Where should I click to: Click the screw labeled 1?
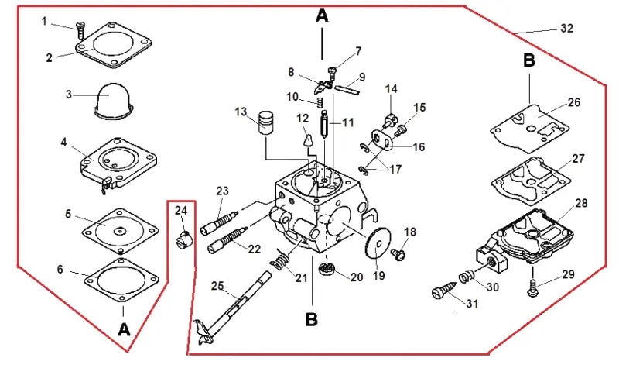(81, 30)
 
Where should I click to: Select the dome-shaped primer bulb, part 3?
(111, 101)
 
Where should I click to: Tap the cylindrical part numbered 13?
(265, 122)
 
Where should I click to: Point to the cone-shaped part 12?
(307, 140)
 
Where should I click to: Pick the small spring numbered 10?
(320, 103)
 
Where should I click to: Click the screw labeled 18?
(398, 254)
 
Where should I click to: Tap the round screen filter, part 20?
(327, 269)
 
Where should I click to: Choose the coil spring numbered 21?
(280, 260)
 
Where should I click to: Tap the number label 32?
(566, 29)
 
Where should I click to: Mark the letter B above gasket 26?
(529, 61)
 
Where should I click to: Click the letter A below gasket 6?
(124, 329)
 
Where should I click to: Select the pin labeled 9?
(347, 90)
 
